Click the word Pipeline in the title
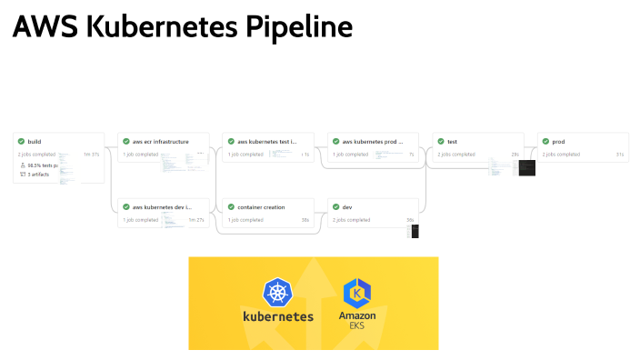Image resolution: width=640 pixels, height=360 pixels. pos(297,28)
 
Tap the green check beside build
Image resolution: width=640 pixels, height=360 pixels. pos(21,142)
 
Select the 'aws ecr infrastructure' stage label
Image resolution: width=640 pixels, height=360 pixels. pos(161,142)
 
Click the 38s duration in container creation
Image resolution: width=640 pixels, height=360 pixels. pos(305,220)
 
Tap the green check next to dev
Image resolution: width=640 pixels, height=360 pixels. pos(335,207)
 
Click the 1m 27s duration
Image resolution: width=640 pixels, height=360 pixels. pos(197,220)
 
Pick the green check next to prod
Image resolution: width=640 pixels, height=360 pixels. pos(545,142)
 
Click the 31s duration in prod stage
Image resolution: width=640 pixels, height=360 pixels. pos(619,155)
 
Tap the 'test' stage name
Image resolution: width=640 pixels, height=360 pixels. pos(452,142)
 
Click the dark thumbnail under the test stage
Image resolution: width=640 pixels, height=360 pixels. pos(526,167)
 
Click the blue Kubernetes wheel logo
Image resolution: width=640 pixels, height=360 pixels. pos(277,292)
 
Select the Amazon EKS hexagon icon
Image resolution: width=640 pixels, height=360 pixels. pos(357,293)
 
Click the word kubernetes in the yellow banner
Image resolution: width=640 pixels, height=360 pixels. pos(277,317)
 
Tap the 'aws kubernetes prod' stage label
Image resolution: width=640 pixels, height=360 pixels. pos(371,142)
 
